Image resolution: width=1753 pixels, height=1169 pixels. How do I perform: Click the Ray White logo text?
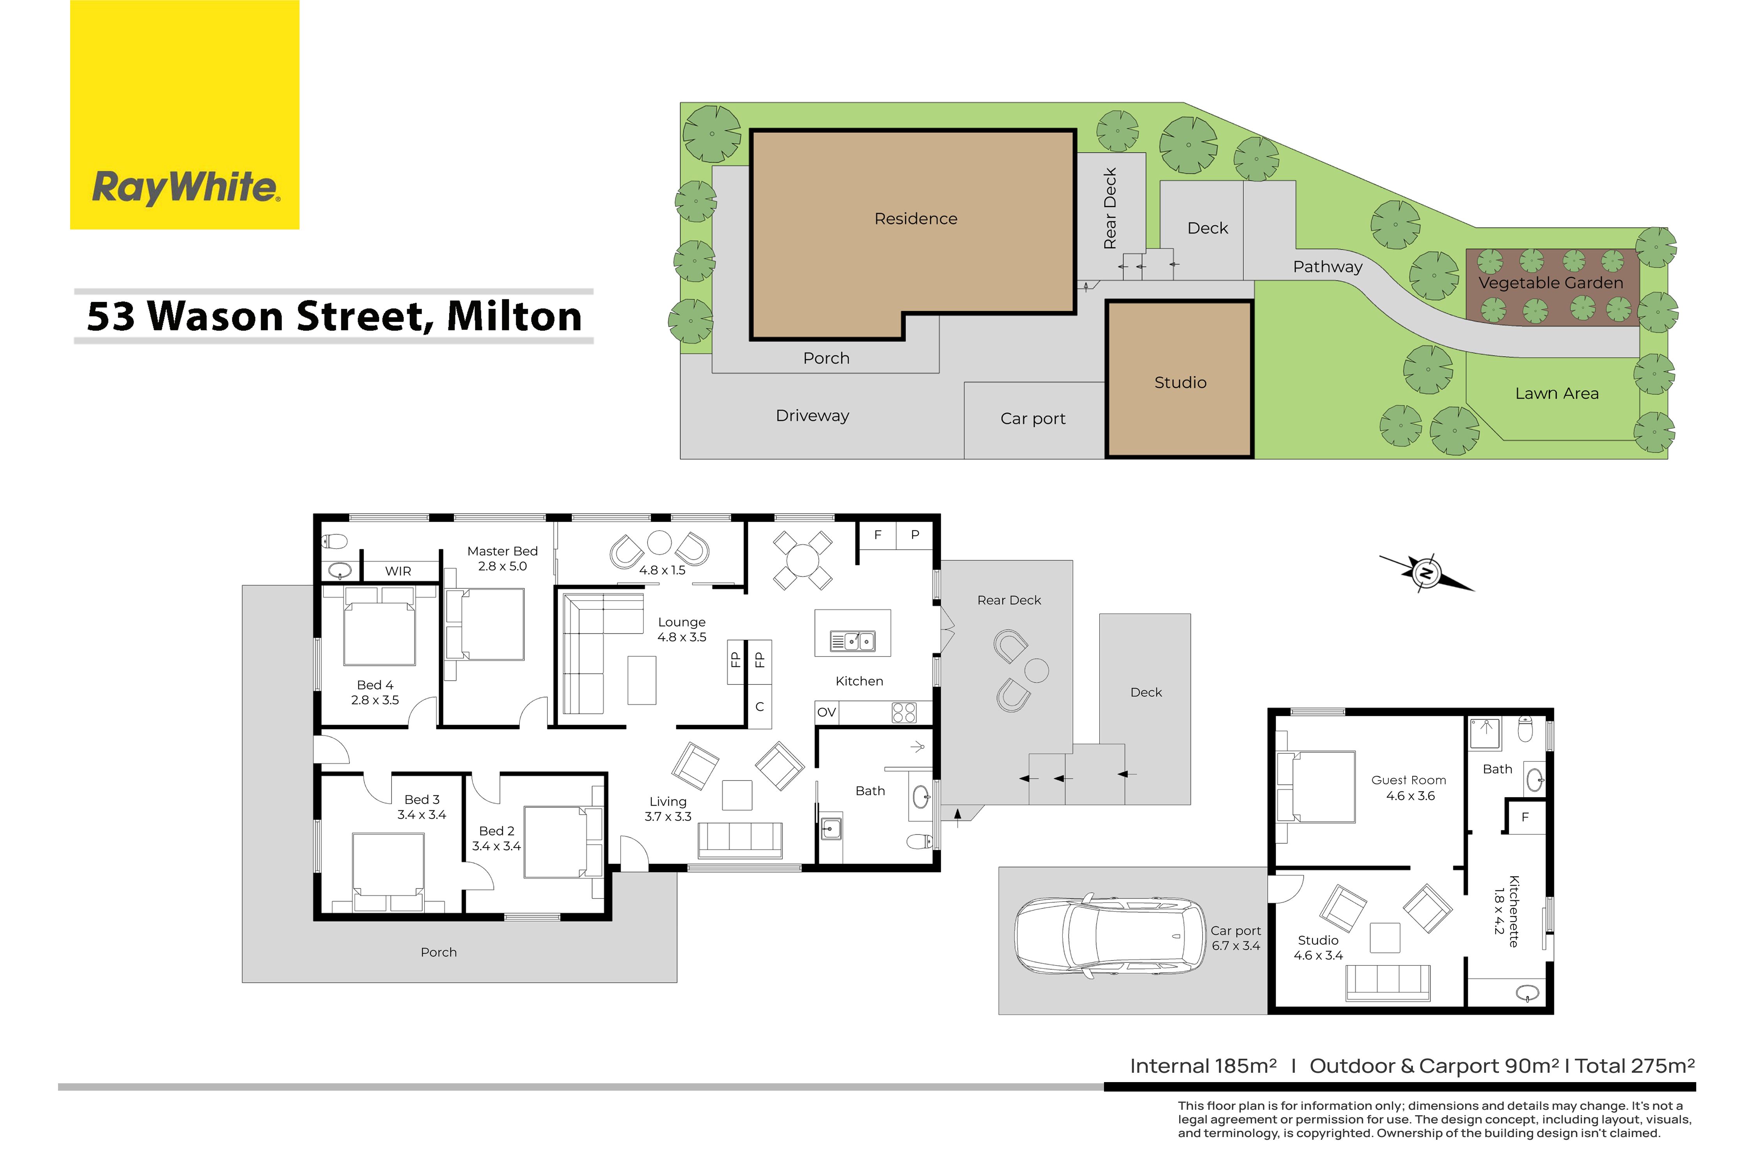click(185, 187)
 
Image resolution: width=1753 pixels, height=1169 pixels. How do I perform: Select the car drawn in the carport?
click(1110, 935)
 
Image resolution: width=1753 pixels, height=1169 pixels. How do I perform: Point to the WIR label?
click(398, 571)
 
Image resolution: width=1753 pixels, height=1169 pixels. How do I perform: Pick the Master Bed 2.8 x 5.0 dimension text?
click(503, 567)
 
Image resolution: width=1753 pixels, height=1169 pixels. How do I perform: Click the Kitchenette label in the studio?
click(1514, 911)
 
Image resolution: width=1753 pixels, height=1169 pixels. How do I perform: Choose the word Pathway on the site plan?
click(1328, 267)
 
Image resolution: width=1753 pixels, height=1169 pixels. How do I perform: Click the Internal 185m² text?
click(1203, 1066)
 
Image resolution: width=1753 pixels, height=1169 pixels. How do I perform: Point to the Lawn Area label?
click(1557, 394)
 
